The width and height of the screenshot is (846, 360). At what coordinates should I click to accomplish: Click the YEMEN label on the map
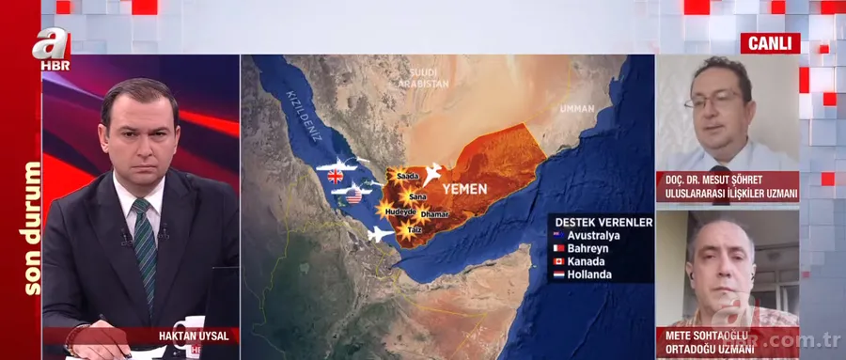[464, 189]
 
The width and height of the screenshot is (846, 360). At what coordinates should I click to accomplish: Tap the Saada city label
[409, 176]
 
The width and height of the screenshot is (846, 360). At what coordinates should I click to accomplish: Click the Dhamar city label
[435, 215]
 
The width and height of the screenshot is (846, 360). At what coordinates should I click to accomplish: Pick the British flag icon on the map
[334, 175]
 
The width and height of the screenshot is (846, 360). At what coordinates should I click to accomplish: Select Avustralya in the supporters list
[595, 235]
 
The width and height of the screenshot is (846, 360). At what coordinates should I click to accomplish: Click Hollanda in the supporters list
[590, 274]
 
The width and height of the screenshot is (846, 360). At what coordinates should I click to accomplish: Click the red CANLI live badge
[770, 43]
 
